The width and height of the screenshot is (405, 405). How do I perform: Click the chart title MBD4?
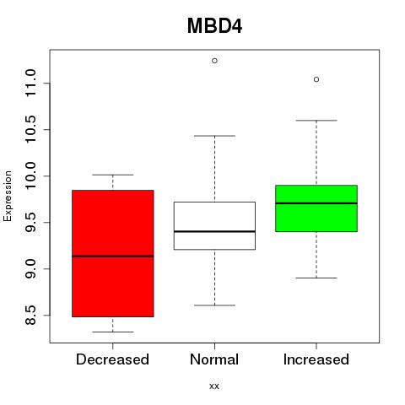[214, 26]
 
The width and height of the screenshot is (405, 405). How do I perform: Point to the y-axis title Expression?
[8, 197]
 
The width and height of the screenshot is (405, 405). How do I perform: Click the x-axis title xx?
[214, 386]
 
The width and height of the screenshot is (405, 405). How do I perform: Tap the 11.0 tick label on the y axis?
[30, 83]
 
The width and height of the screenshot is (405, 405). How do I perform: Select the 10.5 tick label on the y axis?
[30, 129]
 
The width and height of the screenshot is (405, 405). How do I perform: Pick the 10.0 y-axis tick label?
[30, 175]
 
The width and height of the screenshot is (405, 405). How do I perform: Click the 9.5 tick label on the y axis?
[30, 222]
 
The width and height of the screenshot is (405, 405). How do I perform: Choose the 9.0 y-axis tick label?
[30, 269]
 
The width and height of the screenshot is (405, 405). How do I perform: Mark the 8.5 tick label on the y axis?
[30, 315]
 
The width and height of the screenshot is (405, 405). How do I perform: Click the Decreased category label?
[112, 359]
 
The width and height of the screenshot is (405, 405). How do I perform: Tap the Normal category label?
[214, 359]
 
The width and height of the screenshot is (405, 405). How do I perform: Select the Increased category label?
[316, 359]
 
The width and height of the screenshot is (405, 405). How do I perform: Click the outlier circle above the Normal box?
[214, 61]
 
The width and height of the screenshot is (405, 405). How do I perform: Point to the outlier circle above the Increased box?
[316, 79]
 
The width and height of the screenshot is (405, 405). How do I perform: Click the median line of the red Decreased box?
[113, 256]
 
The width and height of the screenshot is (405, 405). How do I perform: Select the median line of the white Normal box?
[214, 231]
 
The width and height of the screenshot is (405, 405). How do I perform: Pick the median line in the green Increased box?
[316, 203]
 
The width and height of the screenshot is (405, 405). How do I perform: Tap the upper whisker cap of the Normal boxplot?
[214, 136]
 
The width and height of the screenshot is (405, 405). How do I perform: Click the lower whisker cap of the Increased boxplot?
[316, 278]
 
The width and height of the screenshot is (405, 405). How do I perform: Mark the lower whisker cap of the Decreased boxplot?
[113, 332]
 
